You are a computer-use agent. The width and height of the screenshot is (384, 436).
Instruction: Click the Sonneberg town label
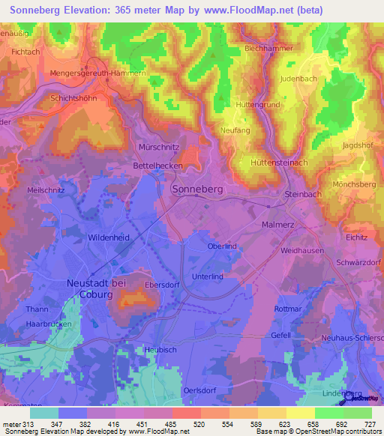point(198,190)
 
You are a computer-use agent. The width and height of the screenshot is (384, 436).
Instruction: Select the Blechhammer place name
point(269,48)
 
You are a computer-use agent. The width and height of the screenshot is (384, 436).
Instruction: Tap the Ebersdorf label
point(165,285)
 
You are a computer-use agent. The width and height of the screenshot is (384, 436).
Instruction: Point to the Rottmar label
point(287,309)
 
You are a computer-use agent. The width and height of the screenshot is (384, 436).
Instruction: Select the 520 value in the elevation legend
point(199,424)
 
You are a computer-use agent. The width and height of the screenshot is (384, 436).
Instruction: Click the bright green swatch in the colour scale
point(328,413)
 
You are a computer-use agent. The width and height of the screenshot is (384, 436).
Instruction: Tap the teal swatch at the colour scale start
point(44,413)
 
